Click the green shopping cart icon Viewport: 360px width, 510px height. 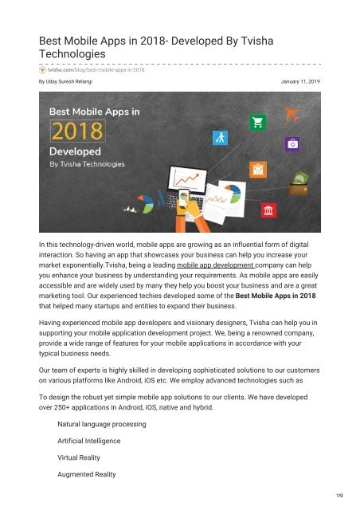(257, 122)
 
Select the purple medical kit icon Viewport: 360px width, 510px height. (294, 144)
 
